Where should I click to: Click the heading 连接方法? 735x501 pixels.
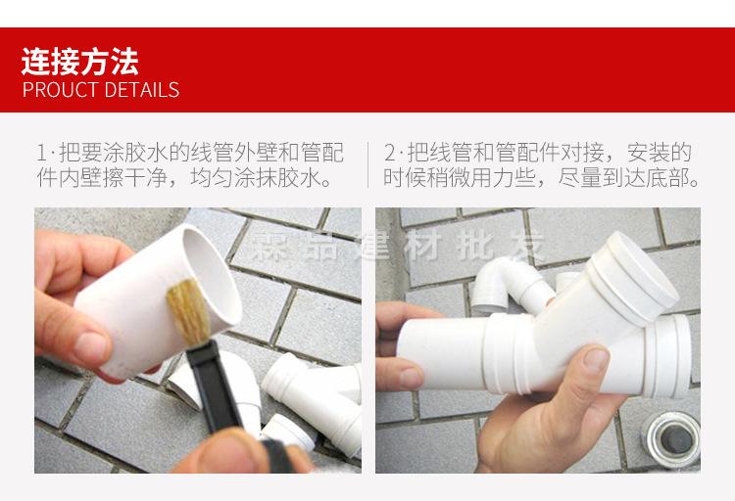[x=80, y=61]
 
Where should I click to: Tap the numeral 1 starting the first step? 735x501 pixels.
[x=41, y=154]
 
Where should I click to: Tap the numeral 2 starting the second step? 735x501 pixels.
[x=389, y=154]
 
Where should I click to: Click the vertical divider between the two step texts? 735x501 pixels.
[x=367, y=165]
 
